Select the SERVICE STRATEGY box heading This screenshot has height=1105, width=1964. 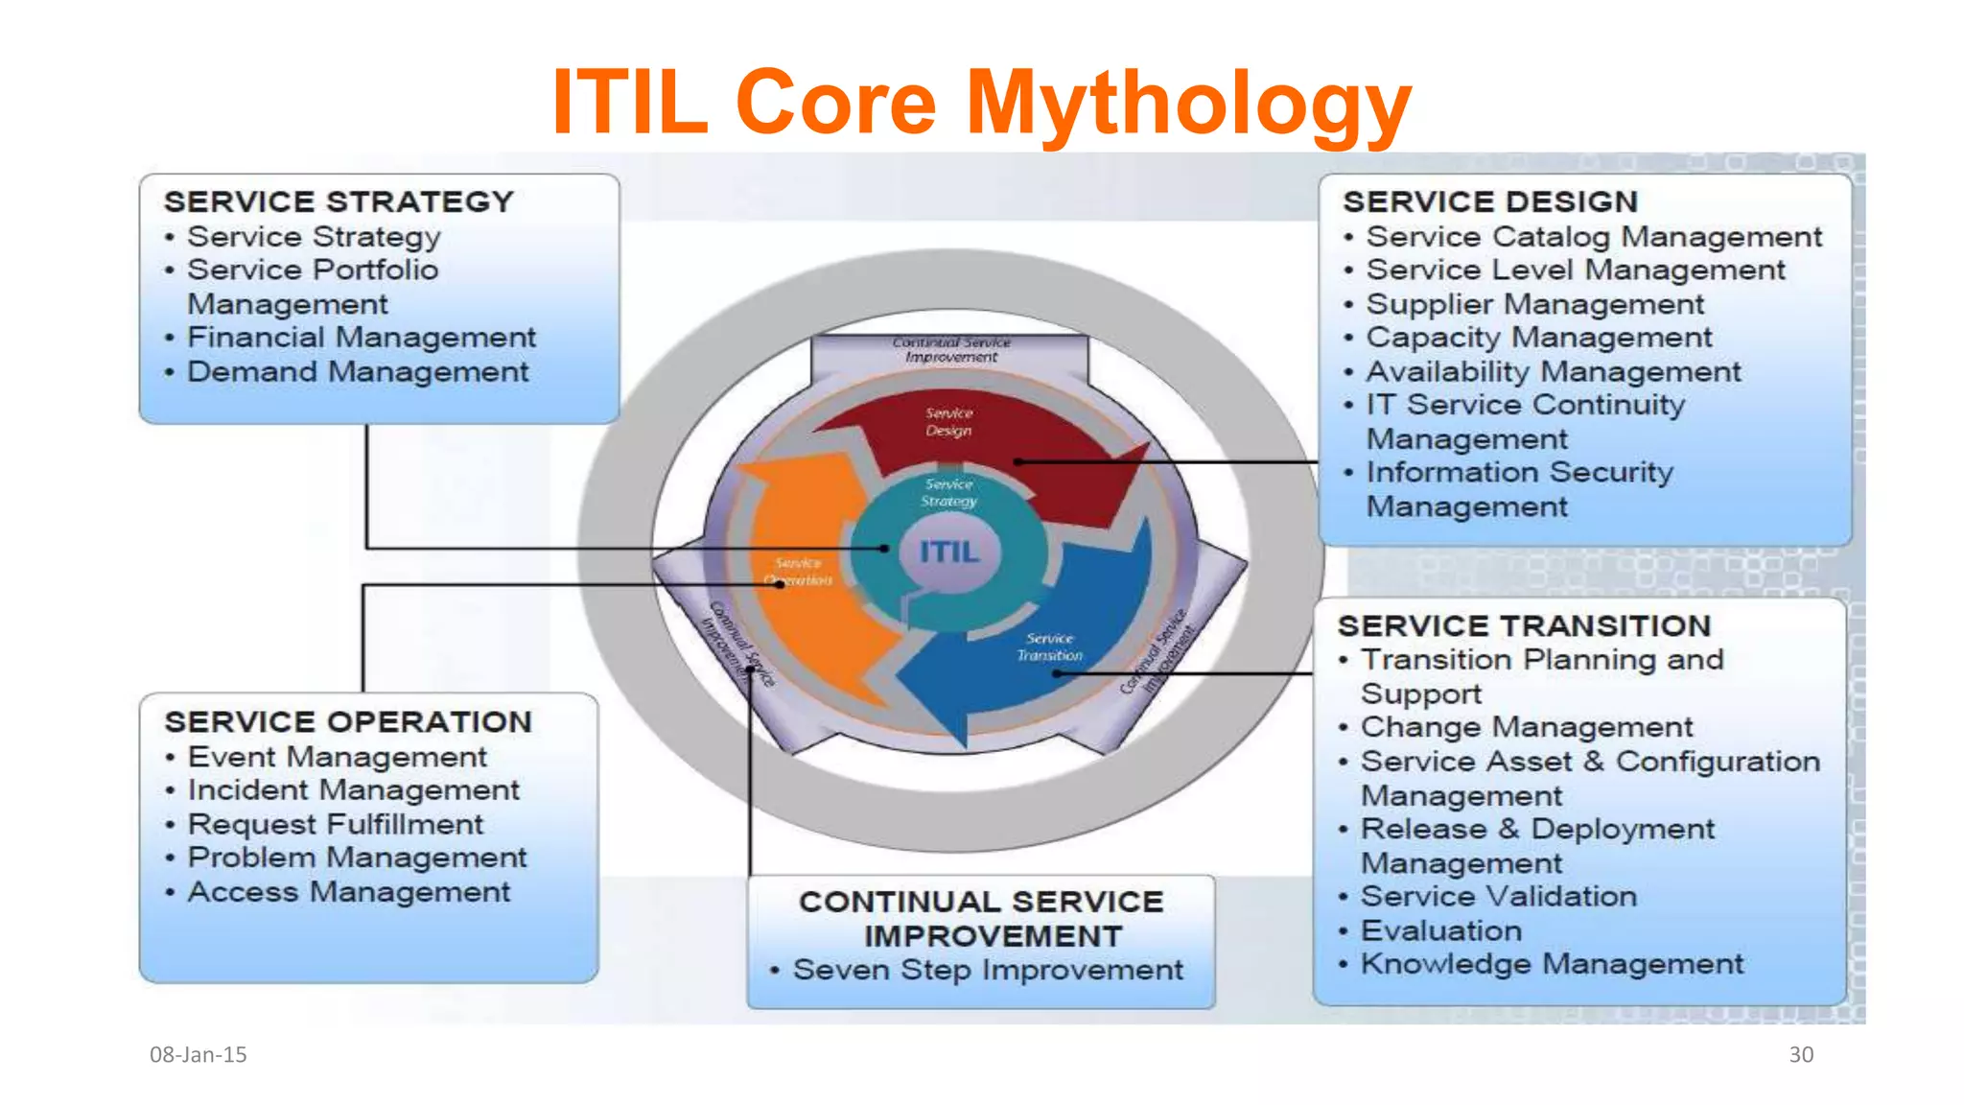[339, 201]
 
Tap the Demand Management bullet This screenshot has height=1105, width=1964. [357, 372]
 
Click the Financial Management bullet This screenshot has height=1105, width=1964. [361, 338]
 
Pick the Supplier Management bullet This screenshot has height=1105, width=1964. [1534, 304]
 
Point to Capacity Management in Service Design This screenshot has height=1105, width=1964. [1538, 338]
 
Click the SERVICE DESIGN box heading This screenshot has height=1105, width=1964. [1489, 201]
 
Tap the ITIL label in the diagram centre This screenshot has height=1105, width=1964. [948, 552]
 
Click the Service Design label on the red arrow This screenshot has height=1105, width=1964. [948, 422]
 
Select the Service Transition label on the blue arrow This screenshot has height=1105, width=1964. [1049, 647]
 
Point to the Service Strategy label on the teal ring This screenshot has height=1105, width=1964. [948, 492]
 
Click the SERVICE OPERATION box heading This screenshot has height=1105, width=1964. [347, 721]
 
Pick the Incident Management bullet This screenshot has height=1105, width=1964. [353, 790]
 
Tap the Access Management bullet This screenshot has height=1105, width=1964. [348, 892]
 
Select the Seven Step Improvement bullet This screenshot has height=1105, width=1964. [987, 970]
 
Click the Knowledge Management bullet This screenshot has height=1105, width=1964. [1552, 964]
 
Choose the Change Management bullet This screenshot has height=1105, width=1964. [1527, 727]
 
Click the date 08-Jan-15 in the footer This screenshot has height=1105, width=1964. [198, 1054]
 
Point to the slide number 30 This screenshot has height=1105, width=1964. [1800, 1054]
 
